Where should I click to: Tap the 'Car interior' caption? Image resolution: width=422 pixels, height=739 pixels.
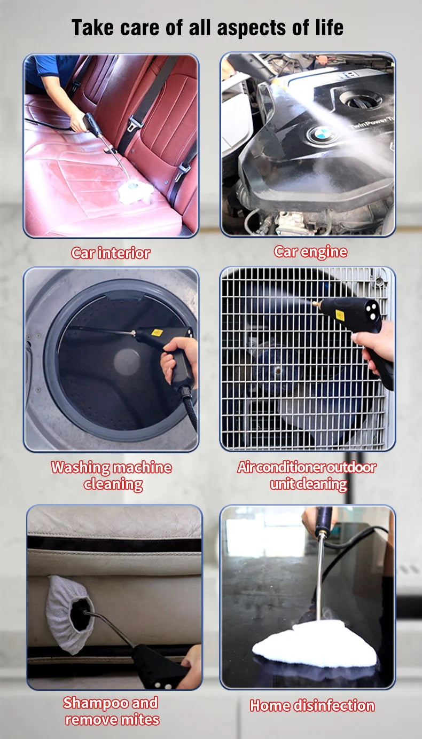111,253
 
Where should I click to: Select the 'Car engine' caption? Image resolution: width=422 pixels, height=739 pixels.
310,251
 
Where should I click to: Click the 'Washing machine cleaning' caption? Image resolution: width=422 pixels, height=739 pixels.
112,475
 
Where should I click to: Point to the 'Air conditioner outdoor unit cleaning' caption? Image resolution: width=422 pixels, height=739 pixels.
307,475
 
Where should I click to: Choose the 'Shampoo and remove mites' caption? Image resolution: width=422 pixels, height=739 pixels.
112,711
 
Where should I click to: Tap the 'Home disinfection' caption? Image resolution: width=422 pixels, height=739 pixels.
312,705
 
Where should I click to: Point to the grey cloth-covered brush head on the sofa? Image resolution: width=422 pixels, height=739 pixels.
68,615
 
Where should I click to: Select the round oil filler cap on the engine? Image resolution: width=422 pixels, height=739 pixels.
362,98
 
